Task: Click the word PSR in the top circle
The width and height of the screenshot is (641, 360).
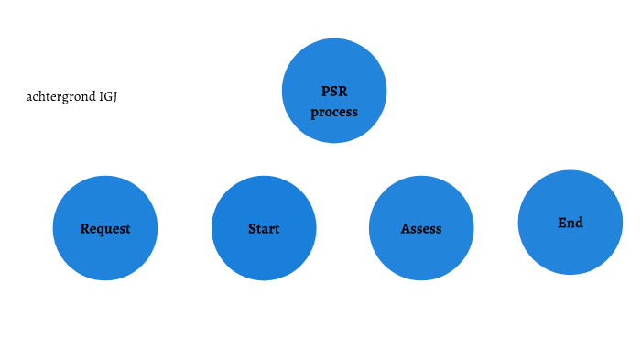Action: (334, 92)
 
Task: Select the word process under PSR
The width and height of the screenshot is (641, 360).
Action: (334, 113)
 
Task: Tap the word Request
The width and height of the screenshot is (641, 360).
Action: (105, 229)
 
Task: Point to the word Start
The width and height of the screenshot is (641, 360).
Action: (264, 229)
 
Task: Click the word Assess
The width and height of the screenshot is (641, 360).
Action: (421, 229)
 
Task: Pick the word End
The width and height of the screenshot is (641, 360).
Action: (570, 223)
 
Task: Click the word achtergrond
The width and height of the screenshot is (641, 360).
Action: (60, 96)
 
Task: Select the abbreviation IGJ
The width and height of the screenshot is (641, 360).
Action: (107, 96)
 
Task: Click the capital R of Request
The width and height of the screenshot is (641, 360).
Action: (84, 229)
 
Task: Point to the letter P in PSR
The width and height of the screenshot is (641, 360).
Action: (325, 92)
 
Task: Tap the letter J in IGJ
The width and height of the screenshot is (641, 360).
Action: (114, 96)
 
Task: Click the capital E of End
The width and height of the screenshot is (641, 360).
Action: (561, 223)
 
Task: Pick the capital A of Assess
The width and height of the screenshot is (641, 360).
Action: (406, 229)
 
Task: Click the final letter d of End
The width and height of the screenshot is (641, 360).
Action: (579, 223)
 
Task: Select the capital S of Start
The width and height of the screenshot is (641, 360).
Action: (252, 229)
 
